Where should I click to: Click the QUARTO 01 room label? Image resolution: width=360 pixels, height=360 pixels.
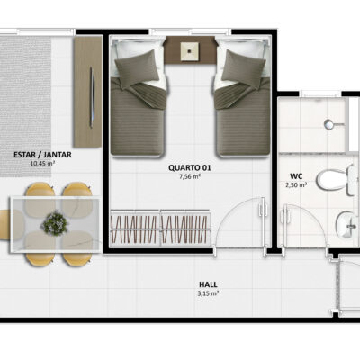[190, 167]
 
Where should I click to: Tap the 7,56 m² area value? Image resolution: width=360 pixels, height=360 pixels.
[190, 176]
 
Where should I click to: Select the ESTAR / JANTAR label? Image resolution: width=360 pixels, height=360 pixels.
[42, 155]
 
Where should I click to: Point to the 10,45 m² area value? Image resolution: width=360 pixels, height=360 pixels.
[42, 164]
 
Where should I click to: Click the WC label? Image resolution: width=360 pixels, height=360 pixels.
[296, 175]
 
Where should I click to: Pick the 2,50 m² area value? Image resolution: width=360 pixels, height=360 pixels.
[296, 184]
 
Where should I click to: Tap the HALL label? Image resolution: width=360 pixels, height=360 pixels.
[208, 284]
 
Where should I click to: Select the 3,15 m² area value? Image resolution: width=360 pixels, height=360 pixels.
[208, 293]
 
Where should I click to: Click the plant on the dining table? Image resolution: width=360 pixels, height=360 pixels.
[54, 223]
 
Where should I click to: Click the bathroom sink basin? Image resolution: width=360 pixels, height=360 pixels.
[348, 225]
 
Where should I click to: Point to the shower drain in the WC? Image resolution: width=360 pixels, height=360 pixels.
[329, 124]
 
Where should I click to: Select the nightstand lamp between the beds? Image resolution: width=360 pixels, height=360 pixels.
[190, 51]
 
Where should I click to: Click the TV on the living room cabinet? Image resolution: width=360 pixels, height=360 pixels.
[92, 97]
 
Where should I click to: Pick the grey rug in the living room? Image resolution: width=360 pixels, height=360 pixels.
[25, 106]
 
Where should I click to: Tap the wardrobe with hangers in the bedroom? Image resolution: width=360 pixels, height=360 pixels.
[160, 228]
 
